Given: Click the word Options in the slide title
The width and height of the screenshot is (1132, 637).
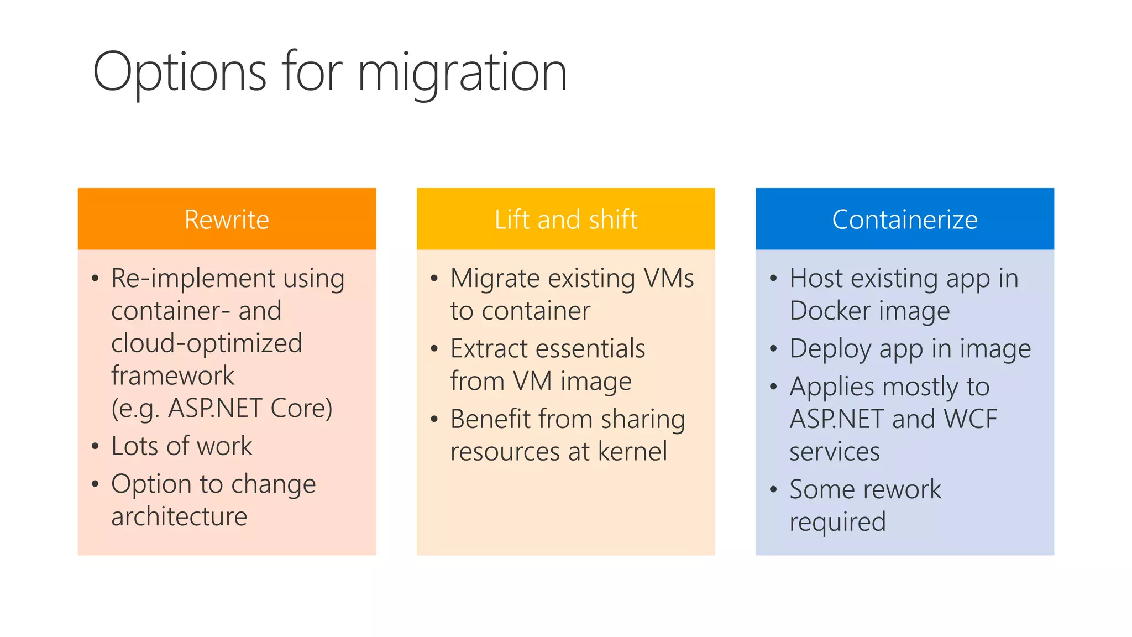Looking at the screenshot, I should (x=180, y=72).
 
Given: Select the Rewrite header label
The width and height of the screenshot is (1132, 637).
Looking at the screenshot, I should (x=227, y=220).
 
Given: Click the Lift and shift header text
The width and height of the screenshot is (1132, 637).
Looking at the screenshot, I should (x=565, y=220).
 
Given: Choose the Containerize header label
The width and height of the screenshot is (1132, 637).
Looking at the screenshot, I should (x=904, y=220).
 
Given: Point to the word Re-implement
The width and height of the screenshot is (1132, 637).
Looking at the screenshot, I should (x=193, y=278).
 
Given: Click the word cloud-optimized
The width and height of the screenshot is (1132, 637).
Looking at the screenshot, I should (x=206, y=343).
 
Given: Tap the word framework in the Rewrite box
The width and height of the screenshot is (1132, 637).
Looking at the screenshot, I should (x=172, y=376).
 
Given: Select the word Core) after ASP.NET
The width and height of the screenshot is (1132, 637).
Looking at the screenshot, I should (x=301, y=409).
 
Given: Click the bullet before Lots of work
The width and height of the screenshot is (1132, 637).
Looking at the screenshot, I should (x=95, y=446).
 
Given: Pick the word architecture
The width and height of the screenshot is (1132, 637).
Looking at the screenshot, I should (x=179, y=516).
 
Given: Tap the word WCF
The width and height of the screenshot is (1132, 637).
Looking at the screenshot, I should (x=971, y=419).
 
